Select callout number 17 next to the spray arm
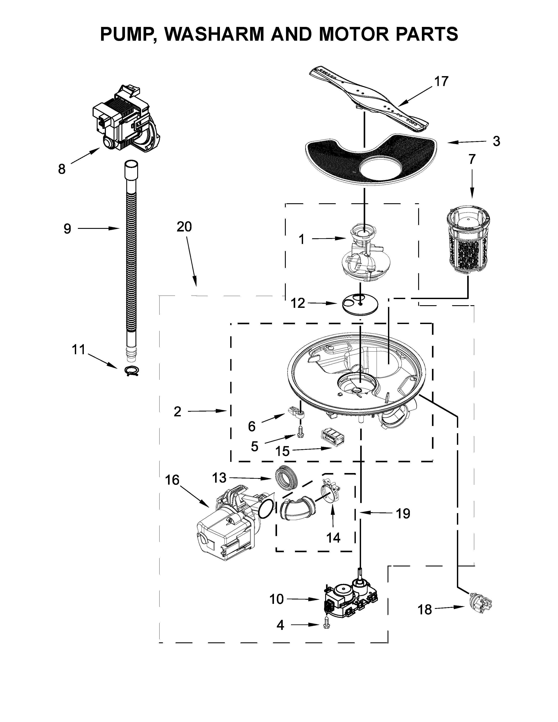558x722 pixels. pos(441,81)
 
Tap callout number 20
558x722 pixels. pos(184,227)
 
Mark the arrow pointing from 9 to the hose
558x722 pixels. pos(98,228)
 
